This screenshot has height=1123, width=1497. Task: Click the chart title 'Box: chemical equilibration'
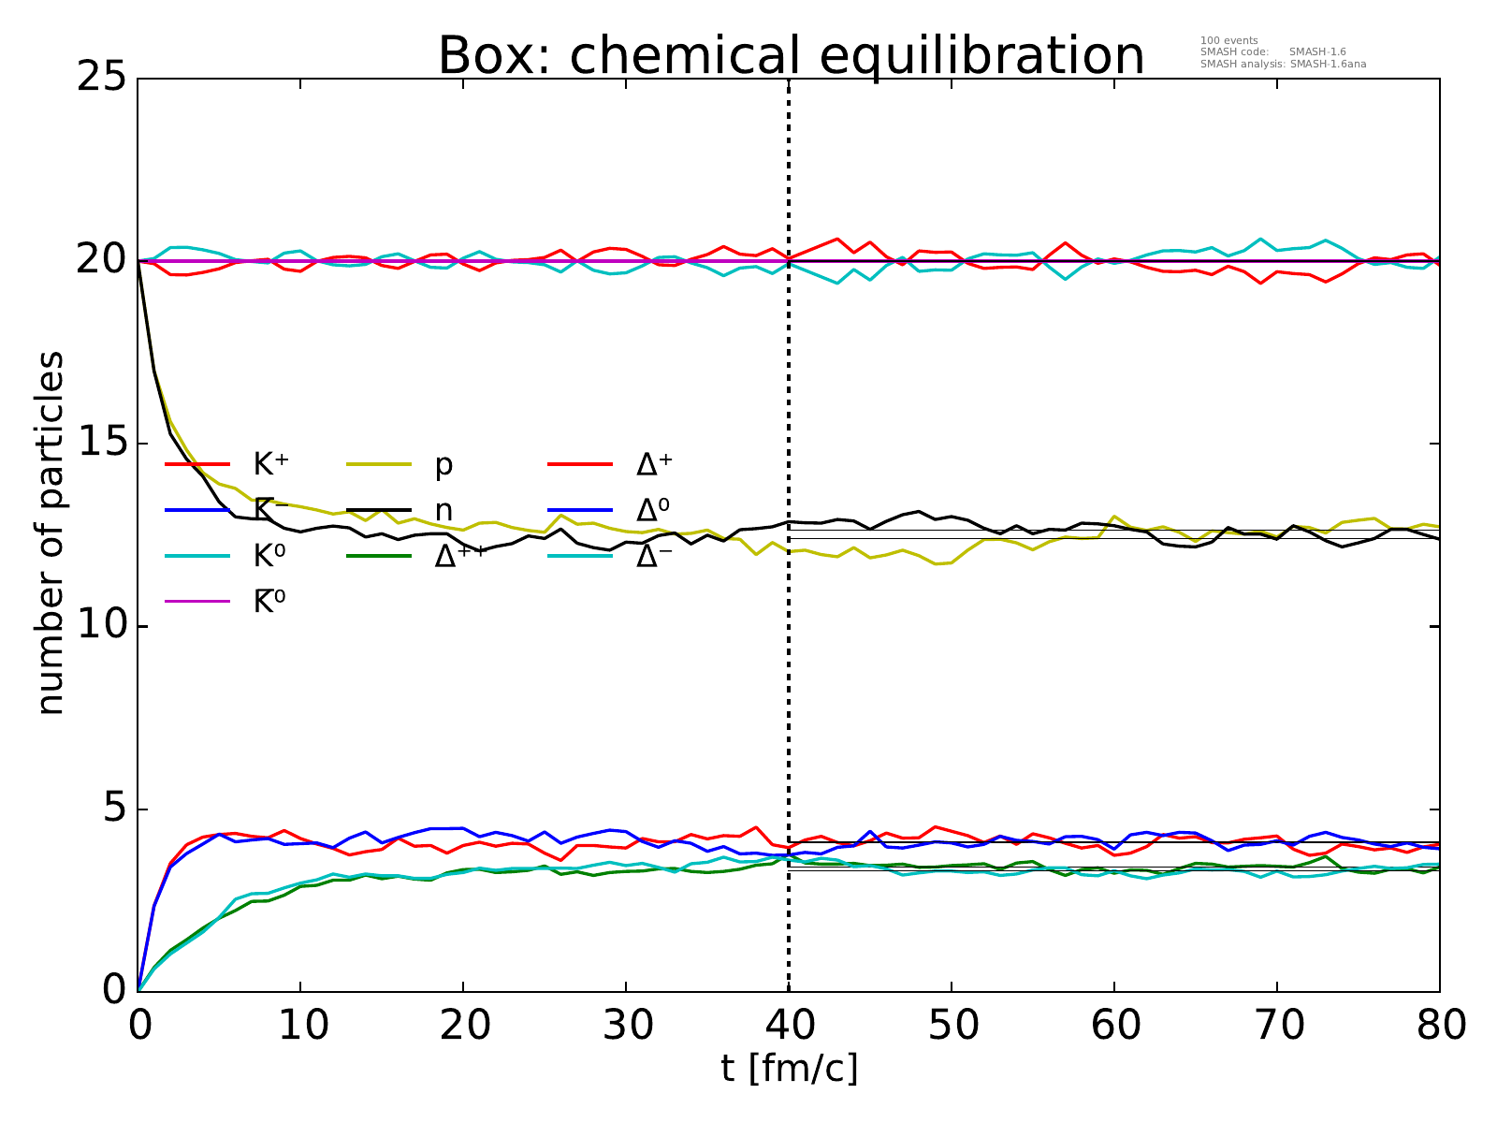coord(791,56)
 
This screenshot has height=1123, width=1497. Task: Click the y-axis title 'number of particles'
coord(51,533)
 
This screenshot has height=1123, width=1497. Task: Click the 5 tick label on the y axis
coord(114,809)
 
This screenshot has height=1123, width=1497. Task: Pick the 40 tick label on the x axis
coord(789,1027)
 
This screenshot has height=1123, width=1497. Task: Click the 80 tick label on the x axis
coord(1439,1027)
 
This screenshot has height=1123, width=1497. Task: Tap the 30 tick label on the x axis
coord(626,1027)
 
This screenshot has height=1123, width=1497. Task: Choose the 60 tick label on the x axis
coord(1113,1027)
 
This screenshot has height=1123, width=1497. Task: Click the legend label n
coord(443,510)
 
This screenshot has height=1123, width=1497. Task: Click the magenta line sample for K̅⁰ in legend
coord(197,602)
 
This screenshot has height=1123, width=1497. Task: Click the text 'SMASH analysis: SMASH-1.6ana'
coord(1283,65)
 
